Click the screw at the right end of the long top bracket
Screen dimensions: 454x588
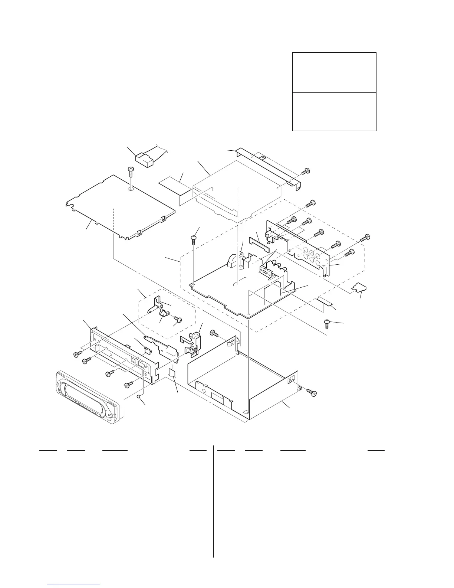[306, 171]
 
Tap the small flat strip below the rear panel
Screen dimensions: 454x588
[324, 300]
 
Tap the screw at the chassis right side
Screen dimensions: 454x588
[312, 392]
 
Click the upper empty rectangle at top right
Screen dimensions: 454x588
[334, 72]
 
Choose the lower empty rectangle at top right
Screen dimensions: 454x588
[334, 111]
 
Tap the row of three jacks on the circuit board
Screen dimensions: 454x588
[279, 267]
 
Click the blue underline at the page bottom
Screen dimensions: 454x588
[74, 585]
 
